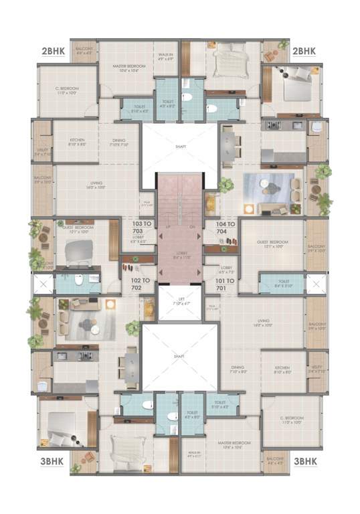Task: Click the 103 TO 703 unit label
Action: coord(141,228)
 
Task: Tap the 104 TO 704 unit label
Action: coord(226,228)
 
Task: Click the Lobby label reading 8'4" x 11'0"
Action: coord(179,256)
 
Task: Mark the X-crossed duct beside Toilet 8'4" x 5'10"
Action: coord(316,284)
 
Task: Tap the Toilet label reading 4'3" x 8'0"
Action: coord(192,415)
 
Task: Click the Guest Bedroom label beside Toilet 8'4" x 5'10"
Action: coord(272,244)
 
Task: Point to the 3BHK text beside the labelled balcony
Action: coord(304,461)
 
